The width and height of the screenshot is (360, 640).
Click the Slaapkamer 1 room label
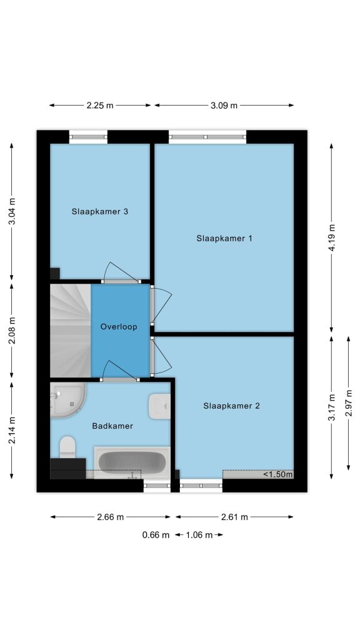224,238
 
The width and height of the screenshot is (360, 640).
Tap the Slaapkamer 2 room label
231,406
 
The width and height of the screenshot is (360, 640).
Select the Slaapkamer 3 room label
100,211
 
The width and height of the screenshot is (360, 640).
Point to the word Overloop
119,327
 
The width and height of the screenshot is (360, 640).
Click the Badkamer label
112,426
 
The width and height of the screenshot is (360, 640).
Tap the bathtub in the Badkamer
132,462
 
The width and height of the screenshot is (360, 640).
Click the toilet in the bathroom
67,447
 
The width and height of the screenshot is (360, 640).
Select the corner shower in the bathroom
67,400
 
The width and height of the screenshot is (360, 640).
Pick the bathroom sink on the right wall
159,406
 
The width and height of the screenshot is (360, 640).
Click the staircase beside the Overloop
71,331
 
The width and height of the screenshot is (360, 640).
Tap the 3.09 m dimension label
224,105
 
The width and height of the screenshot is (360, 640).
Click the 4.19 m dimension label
331,238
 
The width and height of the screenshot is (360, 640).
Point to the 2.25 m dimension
100,105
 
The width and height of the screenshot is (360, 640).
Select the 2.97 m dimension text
349,403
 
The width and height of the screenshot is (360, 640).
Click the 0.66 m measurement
156,535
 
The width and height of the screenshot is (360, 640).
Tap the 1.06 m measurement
199,535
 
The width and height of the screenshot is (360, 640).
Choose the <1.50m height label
278,474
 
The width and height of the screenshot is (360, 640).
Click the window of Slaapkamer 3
89,137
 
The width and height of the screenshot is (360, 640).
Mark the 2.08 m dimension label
12,331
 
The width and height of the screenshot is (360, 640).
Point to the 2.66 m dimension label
110,517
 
